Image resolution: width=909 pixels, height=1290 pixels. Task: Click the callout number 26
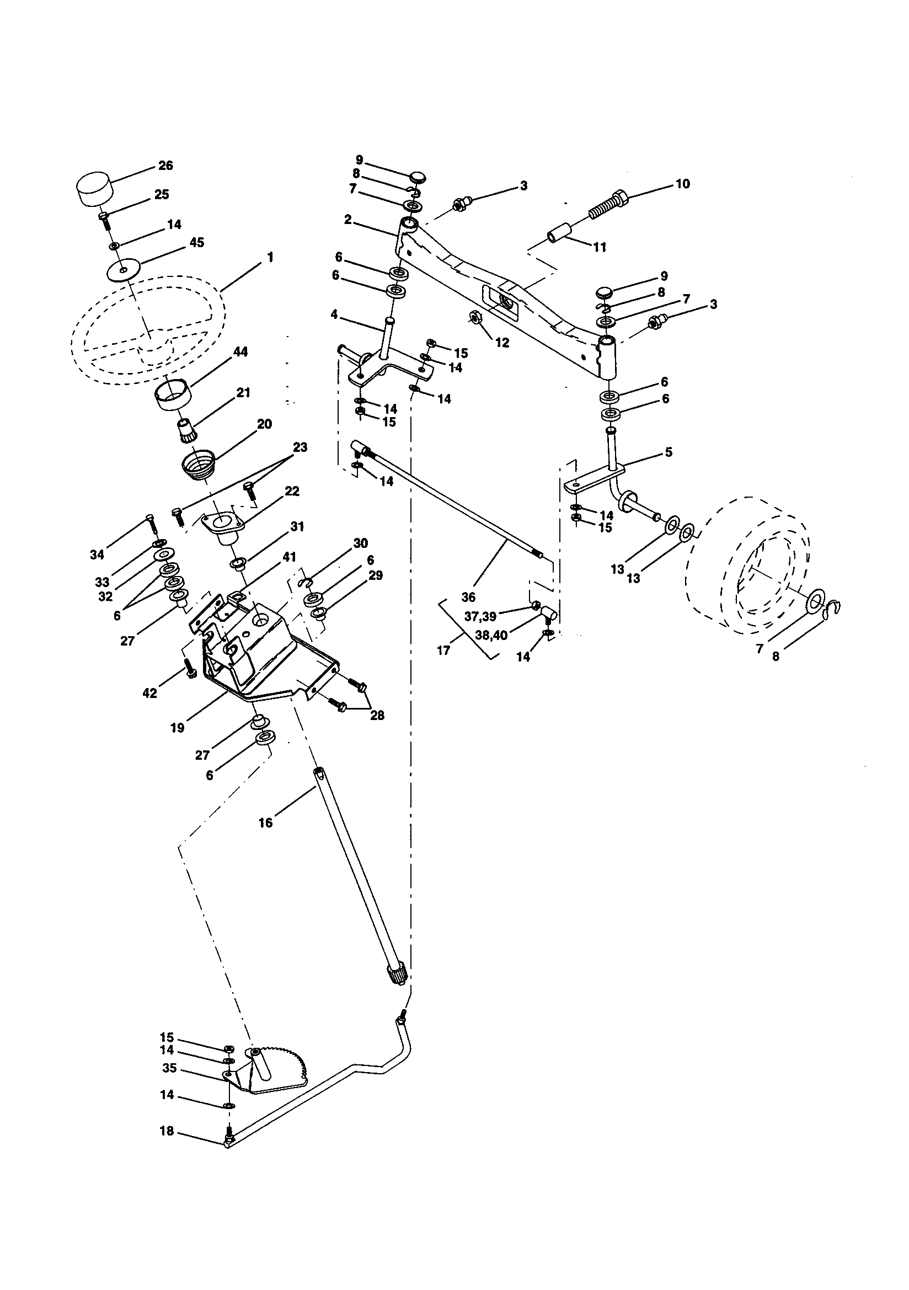pyautogui.click(x=165, y=165)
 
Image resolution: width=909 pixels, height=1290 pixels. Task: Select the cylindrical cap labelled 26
pyautogui.click(x=93, y=189)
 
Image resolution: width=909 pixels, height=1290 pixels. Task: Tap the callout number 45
pyautogui.click(x=196, y=243)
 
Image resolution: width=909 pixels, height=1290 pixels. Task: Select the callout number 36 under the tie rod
pyautogui.click(x=468, y=596)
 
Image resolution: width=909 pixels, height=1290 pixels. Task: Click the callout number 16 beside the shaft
pyautogui.click(x=265, y=823)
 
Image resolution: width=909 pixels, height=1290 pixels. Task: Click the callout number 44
pyautogui.click(x=241, y=352)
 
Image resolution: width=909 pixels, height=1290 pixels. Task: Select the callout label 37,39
pyautogui.click(x=480, y=616)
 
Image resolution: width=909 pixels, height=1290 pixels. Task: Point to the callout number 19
pyautogui.click(x=177, y=728)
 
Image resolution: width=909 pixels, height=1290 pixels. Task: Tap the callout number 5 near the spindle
pyautogui.click(x=668, y=452)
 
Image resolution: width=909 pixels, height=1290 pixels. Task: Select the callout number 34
pyautogui.click(x=97, y=555)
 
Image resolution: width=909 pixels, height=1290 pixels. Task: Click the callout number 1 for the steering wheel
pyautogui.click(x=270, y=257)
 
